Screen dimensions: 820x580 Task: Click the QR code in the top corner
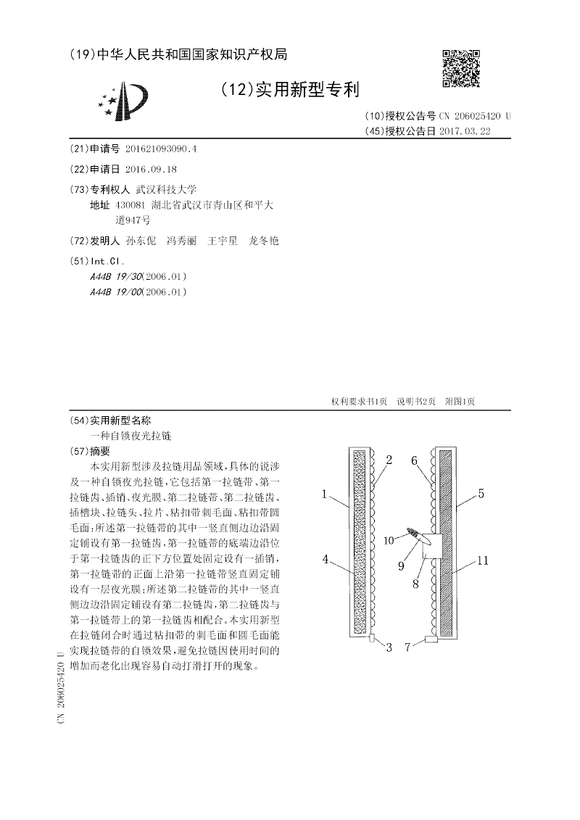coord(461,68)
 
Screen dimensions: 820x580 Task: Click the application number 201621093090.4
coord(161,149)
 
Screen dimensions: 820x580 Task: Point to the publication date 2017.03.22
coord(465,131)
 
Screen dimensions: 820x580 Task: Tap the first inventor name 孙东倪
coord(141,240)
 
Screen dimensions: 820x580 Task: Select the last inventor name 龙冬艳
coord(264,240)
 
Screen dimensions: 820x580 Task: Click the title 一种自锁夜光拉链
coord(131,436)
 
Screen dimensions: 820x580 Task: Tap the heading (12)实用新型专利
coord(289,90)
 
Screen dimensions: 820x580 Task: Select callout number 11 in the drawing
coord(484,560)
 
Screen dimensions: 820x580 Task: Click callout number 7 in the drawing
coord(407,647)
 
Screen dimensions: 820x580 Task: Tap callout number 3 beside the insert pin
coord(389,647)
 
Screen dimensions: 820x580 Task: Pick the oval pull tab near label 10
coord(415,534)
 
